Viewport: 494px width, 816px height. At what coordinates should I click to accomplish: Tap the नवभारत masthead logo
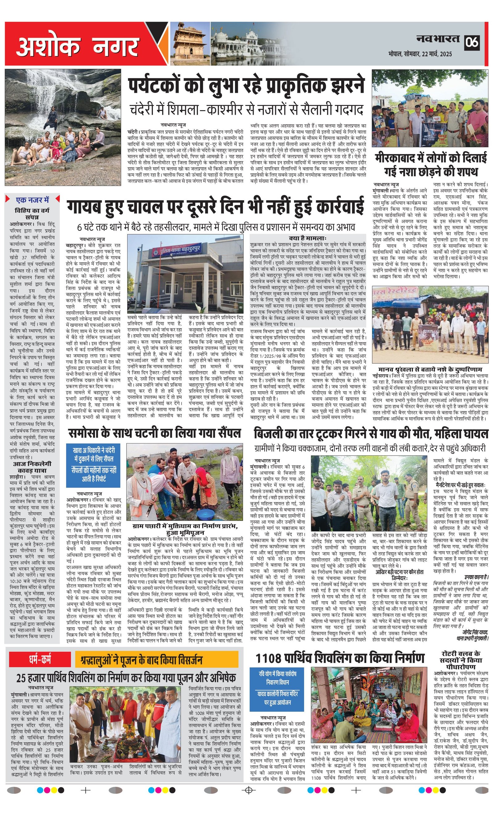coord(438,40)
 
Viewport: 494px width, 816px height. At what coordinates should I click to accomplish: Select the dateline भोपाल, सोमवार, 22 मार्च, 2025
coord(421,54)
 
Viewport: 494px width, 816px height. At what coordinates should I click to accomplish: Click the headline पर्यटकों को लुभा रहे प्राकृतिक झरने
coord(246,85)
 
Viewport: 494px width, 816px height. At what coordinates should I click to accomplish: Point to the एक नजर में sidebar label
coord(32,200)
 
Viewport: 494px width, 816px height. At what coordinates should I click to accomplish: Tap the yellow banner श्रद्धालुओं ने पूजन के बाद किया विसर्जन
coord(157,660)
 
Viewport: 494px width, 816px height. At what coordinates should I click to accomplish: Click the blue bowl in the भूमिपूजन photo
coord(205,514)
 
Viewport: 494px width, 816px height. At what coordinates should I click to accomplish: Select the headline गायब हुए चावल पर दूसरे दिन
coord(216,208)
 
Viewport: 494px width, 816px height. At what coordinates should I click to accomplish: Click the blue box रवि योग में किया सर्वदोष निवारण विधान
coord(277,685)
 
